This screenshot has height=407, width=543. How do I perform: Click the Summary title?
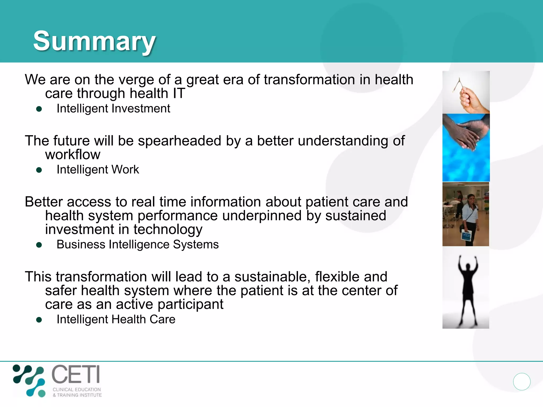coord(94,41)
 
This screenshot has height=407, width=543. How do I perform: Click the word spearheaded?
coord(179,141)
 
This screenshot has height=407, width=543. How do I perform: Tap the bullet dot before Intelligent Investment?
coord(39,109)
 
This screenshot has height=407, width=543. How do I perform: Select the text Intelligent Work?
coord(98,170)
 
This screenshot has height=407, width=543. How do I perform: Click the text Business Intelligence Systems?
coord(137,244)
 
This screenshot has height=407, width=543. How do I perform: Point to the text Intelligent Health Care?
coord(116,319)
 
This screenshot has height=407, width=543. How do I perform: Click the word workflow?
coord(73,154)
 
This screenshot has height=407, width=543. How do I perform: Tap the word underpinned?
coord(262,216)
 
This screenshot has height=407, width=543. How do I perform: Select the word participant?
coord(190,304)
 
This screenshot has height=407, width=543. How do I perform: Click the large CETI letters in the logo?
coord(76,374)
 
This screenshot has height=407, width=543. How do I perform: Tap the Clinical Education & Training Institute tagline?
coord(77,392)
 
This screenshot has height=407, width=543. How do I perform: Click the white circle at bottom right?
coord(522,382)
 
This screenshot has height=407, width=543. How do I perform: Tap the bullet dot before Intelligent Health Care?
coord(39,320)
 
